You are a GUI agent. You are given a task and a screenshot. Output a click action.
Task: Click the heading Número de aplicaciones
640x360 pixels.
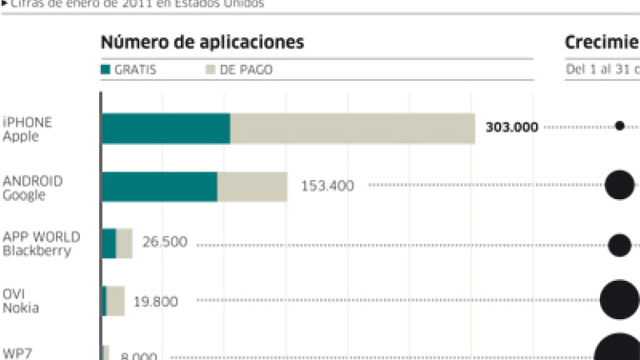click(202, 42)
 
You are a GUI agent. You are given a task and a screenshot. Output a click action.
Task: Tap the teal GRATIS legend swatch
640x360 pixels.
click(106, 70)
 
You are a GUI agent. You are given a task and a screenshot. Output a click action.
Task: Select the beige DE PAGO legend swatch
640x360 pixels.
click(212, 70)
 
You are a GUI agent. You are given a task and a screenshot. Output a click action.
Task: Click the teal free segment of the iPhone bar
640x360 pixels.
click(166, 128)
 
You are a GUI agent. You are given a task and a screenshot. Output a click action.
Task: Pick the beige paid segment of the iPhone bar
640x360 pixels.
click(352, 128)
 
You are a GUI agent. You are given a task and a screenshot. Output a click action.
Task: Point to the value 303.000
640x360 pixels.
click(511, 127)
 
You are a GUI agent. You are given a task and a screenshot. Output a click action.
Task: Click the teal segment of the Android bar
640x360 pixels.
click(159, 186)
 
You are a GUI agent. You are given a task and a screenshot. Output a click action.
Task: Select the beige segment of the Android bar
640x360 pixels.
click(252, 186)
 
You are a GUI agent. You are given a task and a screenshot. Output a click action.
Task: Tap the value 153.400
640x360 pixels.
click(327, 186)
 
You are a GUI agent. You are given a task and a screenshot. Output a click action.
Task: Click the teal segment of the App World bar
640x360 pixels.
click(108, 243)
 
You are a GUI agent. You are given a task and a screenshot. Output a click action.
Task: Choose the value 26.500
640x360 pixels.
click(165, 243)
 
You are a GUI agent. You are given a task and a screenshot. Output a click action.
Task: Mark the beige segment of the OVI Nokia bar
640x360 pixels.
click(116, 301)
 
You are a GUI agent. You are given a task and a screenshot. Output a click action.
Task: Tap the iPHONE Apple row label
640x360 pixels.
click(27, 129)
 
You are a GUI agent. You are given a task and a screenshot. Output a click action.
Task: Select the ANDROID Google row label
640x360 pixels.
click(32, 187)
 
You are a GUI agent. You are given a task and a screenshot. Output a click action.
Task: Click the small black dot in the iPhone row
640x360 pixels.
click(619, 127)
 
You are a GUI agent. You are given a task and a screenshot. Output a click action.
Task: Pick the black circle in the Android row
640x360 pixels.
click(619, 184)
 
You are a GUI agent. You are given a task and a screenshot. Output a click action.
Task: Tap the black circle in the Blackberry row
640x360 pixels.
click(619, 244)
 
